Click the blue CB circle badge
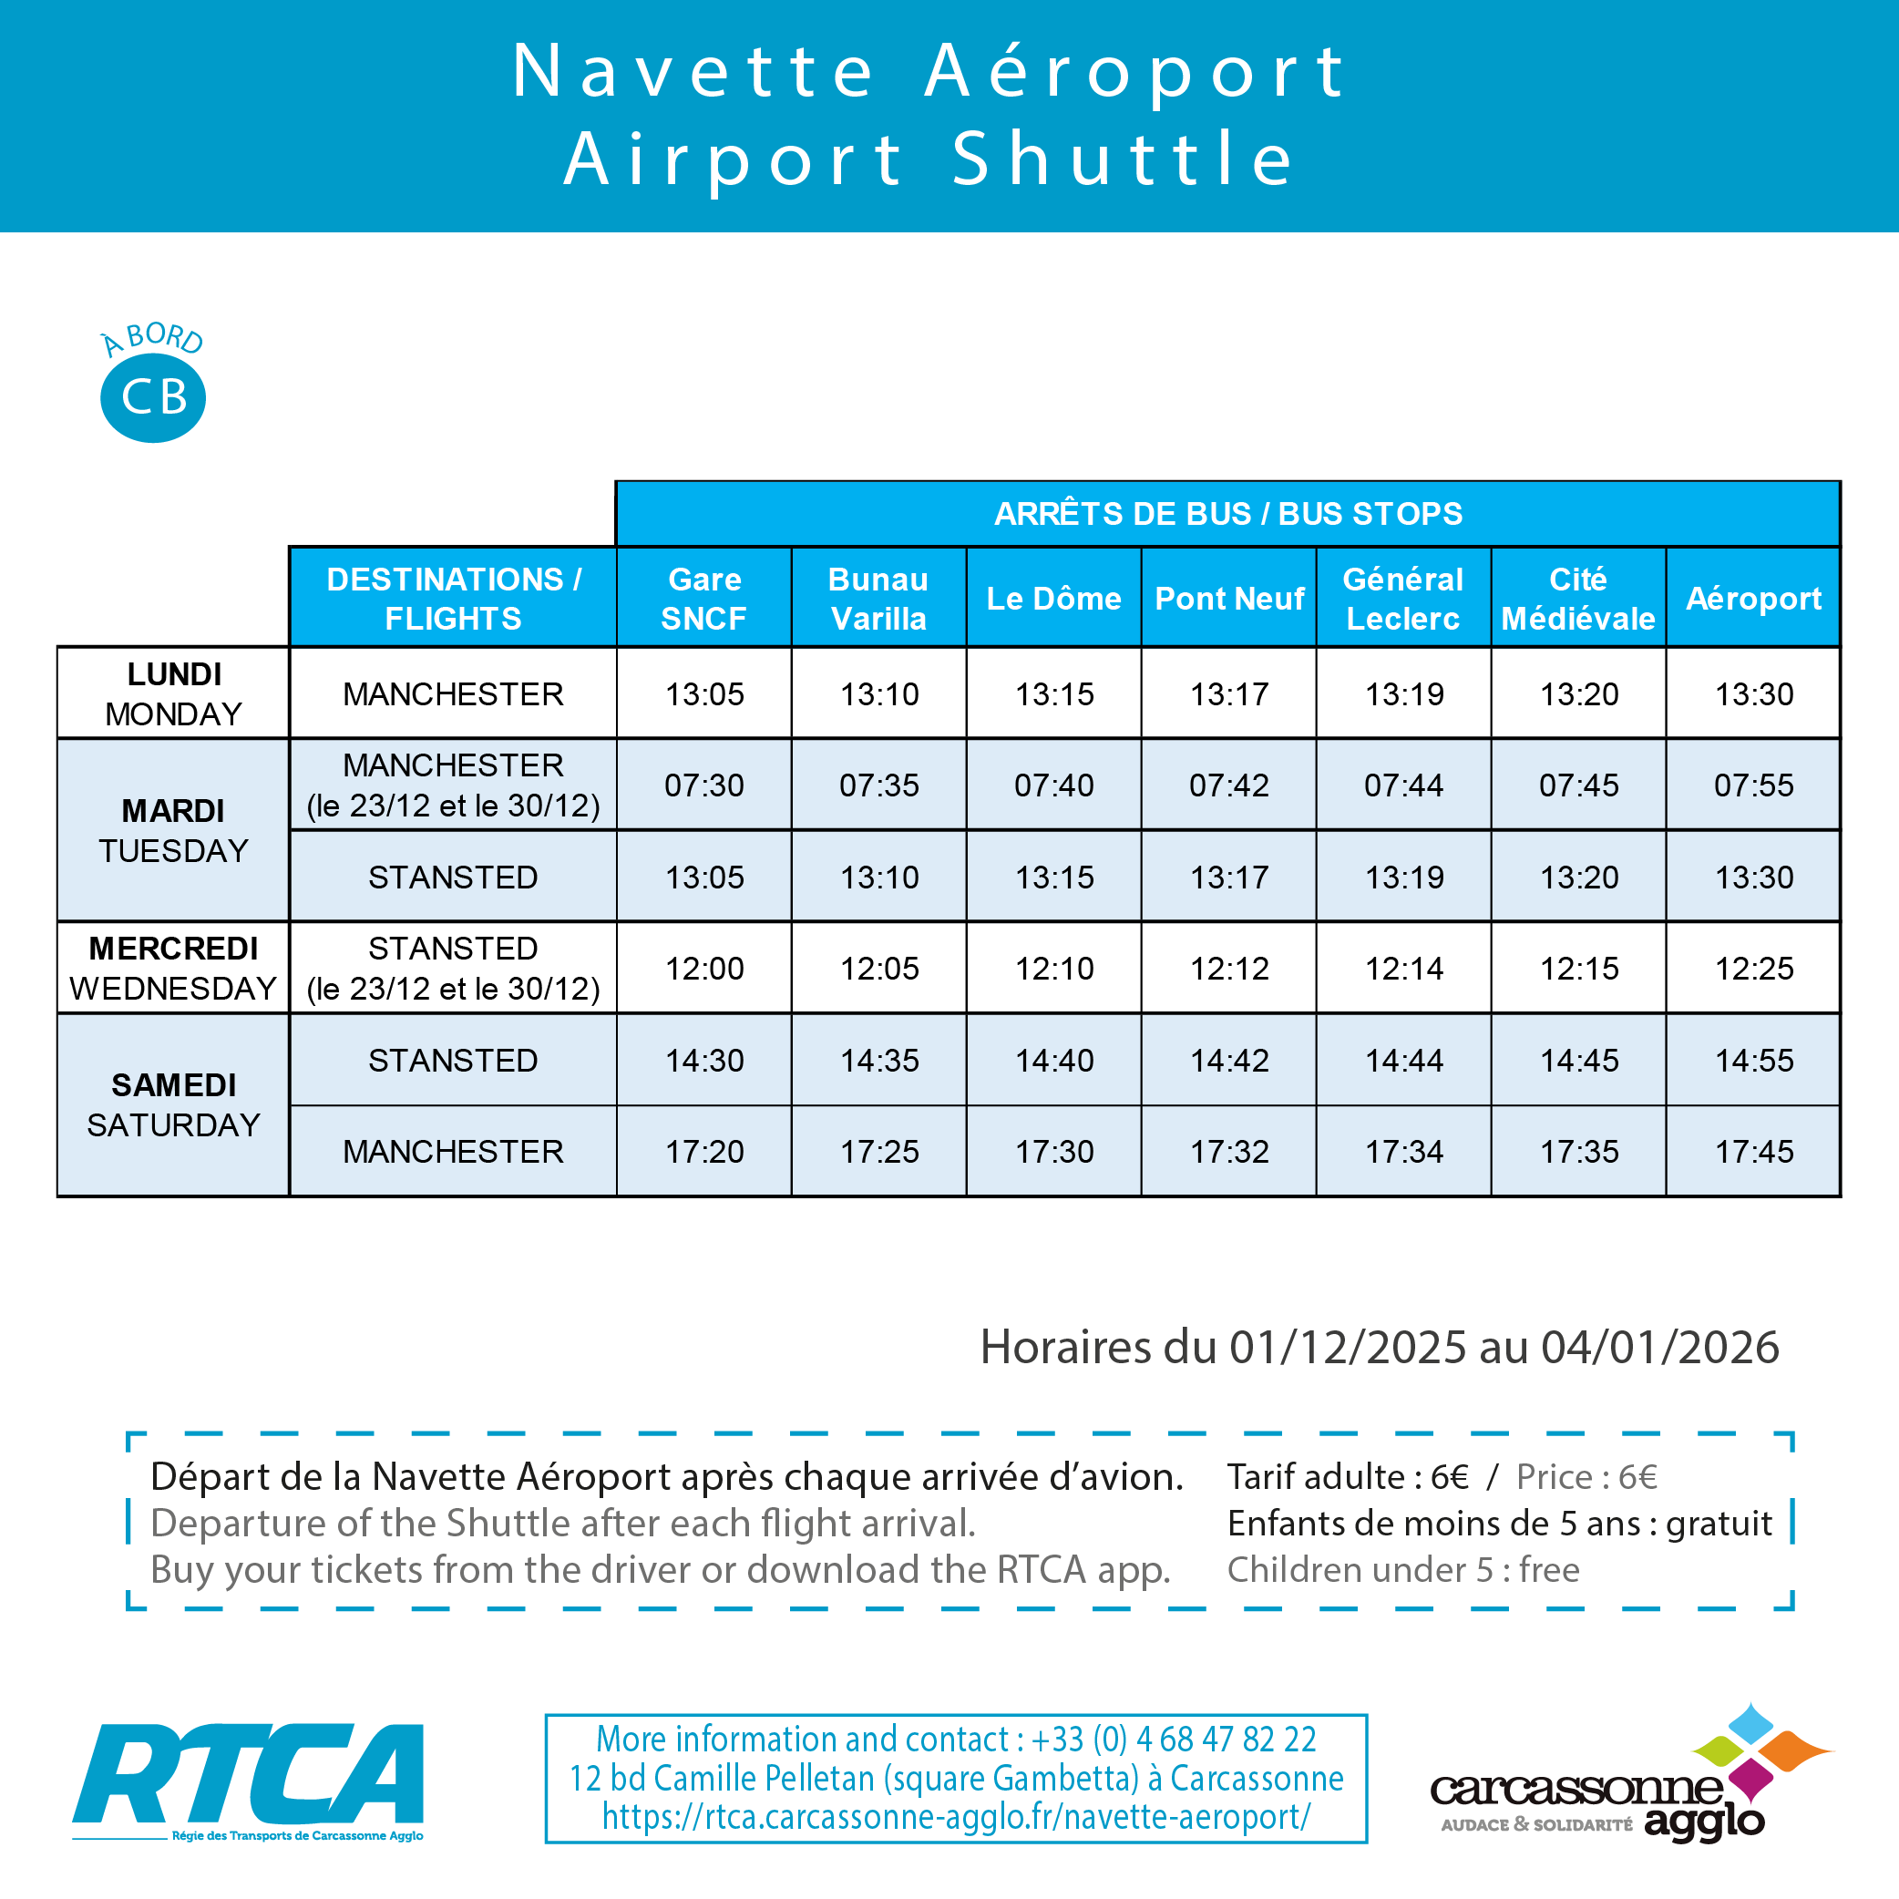(x=153, y=397)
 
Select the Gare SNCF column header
(x=703, y=598)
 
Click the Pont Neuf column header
(x=1228, y=598)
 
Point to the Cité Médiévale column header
(x=1577, y=598)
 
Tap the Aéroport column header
(x=1752, y=598)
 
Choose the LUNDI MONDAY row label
(x=173, y=693)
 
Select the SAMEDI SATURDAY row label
(x=173, y=1103)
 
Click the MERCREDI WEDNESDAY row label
(x=173, y=967)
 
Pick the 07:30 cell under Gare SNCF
(x=703, y=785)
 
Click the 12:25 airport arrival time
(x=1752, y=968)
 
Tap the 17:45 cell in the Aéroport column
(x=1752, y=1151)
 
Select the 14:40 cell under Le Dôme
(x=1053, y=1060)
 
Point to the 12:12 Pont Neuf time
(x=1228, y=968)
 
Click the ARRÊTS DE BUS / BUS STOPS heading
(x=1227, y=513)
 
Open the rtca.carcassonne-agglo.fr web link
(x=955, y=1816)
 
